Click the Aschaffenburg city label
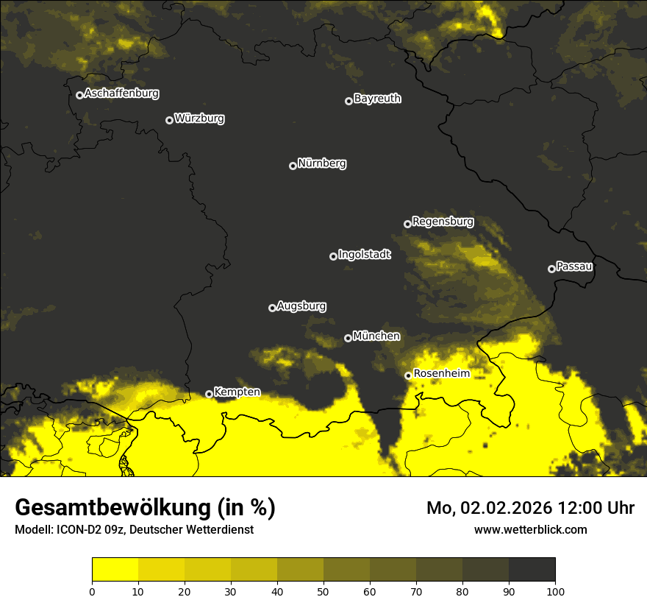[121, 93]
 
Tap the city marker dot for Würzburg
[169, 120]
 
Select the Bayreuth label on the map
[377, 99]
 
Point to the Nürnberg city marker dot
[293, 166]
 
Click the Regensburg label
[443, 221]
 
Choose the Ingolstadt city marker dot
[333, 256]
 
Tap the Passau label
[574, 266]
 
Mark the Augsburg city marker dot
[272, 308]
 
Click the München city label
[376, 336]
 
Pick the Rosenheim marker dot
[408, 375]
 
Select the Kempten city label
[237, 392]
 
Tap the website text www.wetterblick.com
[530, 529]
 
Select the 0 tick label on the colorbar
[92, 590]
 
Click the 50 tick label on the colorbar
[323, 590]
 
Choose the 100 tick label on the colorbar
[555, 590]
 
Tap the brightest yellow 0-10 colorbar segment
[115, 569]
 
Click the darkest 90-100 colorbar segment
[532, 569]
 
